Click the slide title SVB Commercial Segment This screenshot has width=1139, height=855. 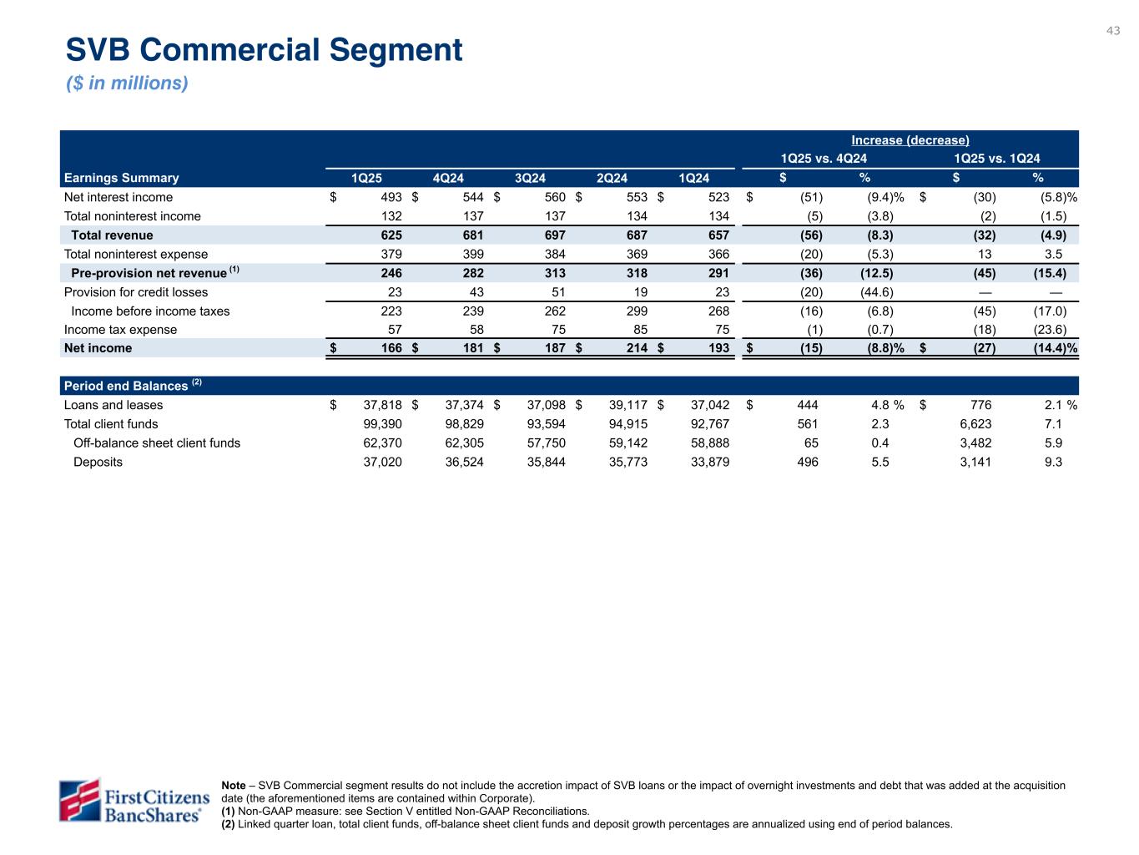pyautogui.click(x=264, y=50)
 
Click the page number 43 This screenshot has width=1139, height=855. pyautogui.click(x=1113, y=31)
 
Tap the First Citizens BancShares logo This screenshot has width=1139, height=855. pyautogui.click(x=134, y=800)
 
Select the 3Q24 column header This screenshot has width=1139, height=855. pyautogui.click(x=530, y=178)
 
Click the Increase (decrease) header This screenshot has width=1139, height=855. pyautogui.click(x=910, y=140)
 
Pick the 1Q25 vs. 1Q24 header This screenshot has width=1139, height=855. pyautogui.click(x=996, y=159)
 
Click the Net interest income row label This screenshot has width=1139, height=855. pyautogui.click(x=118, y=197)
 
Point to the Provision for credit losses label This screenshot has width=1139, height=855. pyautogui.click(x=136, y=292)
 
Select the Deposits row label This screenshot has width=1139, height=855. pyautogui.click(x=98, y=462)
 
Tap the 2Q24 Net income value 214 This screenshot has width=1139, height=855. pyautogui.click(x=636, y=348)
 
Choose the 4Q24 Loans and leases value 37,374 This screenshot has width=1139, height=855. pyautogui.click(x=459, y=405)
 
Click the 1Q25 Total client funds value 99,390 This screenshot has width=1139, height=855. pyautogui.click(x=376, y=424)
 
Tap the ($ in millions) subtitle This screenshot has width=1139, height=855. pyautogui.click(x=127, y=83)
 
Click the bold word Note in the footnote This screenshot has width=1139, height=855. pyautogui.click(x=234, y=786)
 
